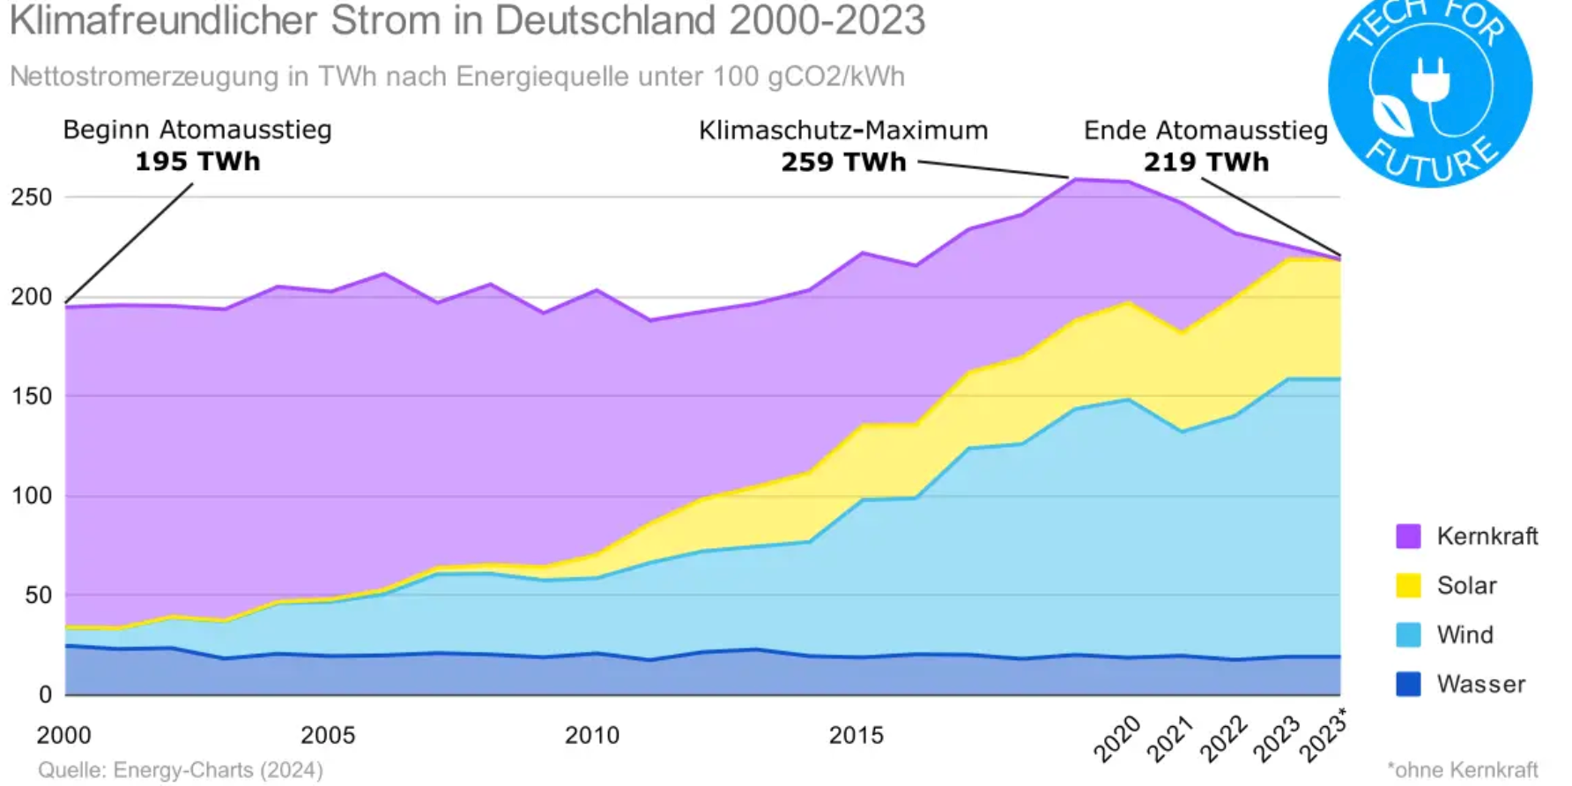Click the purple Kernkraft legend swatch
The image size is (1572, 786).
(x=1408, y=536)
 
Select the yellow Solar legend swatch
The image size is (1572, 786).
(x=1408, y=585)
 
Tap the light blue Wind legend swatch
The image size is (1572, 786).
(x=1408, y=634)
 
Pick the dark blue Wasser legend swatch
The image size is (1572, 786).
(x=1408, y=684)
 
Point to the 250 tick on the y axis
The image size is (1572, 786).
(x=32, y=197)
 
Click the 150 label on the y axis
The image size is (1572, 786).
(x=32, y=397)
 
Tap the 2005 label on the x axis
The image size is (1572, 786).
(x=328, y=735)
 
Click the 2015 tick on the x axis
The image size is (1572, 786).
(x=856, y=735)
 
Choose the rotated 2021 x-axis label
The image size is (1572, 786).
(x=1169, y=738)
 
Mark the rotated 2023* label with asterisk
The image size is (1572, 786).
(x=1324, y=737)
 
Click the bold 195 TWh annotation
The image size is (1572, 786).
(x=197, y=162)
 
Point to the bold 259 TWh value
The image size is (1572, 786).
(x=843, y=162)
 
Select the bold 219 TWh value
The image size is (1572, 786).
(x=1206, y=162)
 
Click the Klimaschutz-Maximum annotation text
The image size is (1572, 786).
(x=843, y=130)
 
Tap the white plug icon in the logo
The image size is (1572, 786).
(x=1429, y=80)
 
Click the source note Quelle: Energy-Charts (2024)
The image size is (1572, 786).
(x=181, y=770)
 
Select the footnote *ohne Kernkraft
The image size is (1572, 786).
(x=1463, y=770)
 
